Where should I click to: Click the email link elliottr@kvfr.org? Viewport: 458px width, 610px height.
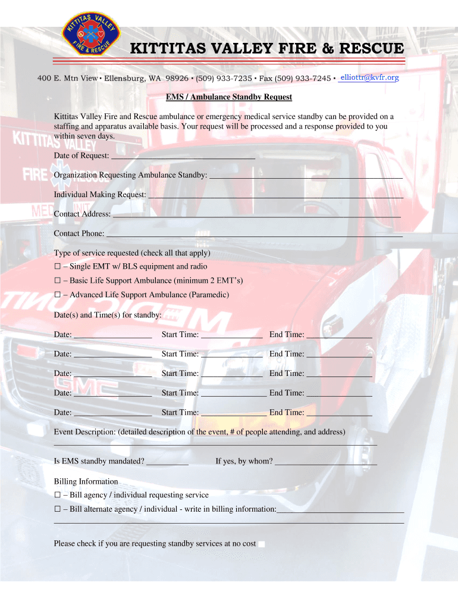369,77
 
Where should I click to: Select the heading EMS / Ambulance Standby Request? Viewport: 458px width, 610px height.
229,97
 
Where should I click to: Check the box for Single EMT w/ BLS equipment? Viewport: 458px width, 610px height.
58,266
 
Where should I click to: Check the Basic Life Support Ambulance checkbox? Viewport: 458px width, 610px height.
58,281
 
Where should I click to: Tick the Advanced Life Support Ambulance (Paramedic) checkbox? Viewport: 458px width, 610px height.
58,295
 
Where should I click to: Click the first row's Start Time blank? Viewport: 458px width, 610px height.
232,334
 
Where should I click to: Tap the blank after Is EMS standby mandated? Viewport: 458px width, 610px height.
167,461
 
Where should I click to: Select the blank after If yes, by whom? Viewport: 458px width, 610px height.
326,461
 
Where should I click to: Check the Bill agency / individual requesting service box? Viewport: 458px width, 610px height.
58,495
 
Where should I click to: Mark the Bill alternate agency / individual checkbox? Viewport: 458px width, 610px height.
58,509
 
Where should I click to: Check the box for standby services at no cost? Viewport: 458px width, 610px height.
262,544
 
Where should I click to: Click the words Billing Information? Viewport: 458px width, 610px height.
86,481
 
